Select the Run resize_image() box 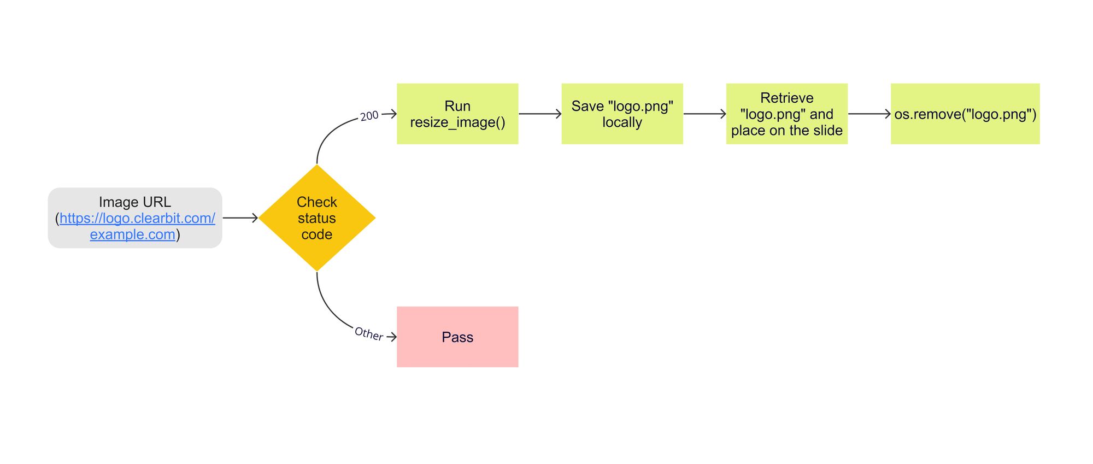pyautogui.click(x=457, y=114)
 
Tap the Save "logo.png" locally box pyautogui.click(x=622, y=114)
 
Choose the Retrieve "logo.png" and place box pyautogui.click(x=786, y=114)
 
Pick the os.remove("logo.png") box pyautogui.click(x=965, y=114)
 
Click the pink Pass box pyautogui.click(x=457, y=337)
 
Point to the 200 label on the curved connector pyautogui.click(x=369, y=116)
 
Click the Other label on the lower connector pyautogui.click(x=369, y=333)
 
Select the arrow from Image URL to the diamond pyautogui.click(x=240, y=218)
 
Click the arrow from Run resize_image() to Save pyautogui.click(x=540, y=114)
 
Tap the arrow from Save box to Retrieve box pyautogui.click(x=704, y=114)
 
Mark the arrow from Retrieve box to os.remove pyautogui.click(x=869, y=114)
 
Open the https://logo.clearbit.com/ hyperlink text pyautogui.click(x=137, y=218)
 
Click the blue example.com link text pyautogui.click(x=133, y=234)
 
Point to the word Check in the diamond pyautogui.click(x=317, y=202)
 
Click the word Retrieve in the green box pyautogui.click(x=786, y=98)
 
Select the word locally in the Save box pyautogui.click(x=622, y=122)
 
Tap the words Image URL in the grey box pyautogui.click(x=135, y=202)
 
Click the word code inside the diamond pyautogui.click(x=317, y=234)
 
